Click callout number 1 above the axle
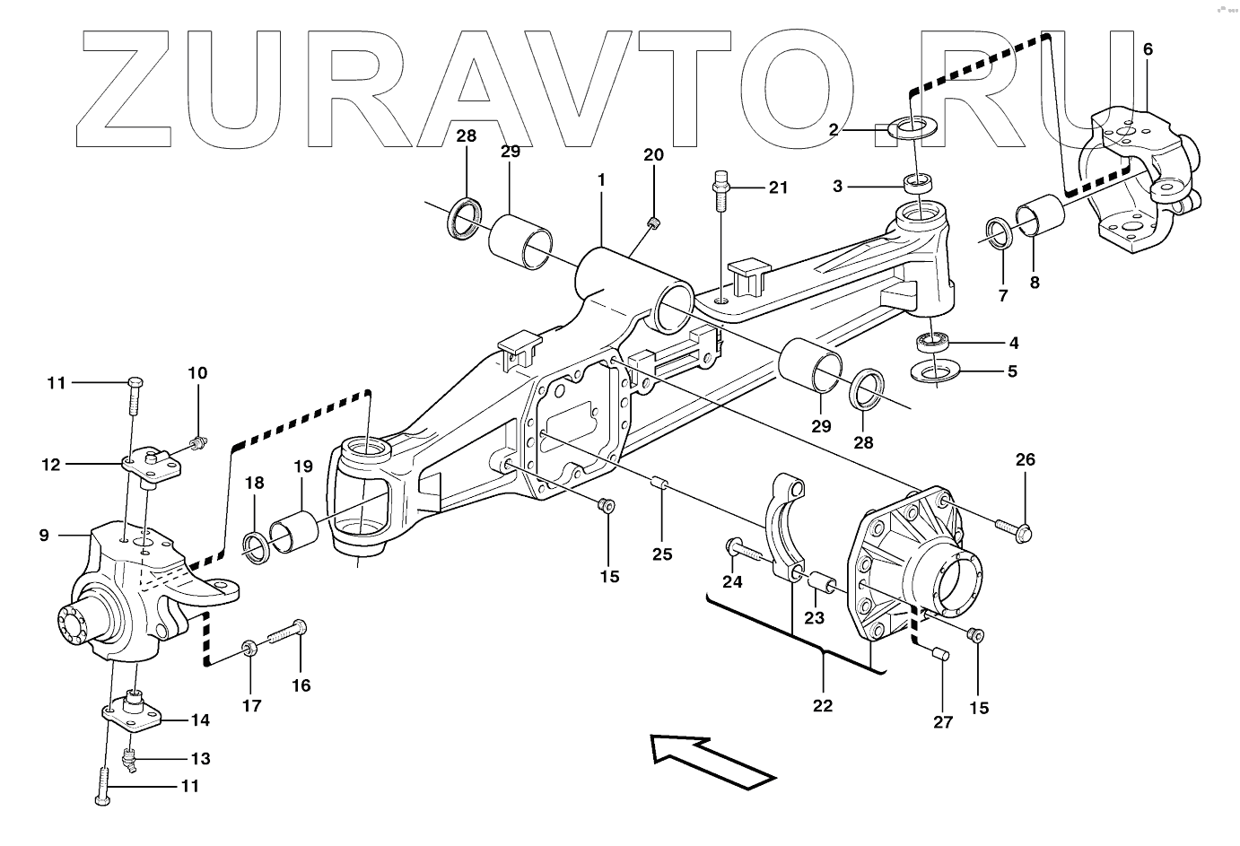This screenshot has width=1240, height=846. (601, 179)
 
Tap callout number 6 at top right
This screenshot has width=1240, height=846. (1148, 49)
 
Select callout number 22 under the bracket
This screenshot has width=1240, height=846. (823, 705)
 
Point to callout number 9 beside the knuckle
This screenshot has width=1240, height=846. (44, 536)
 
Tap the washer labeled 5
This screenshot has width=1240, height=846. (934, 370)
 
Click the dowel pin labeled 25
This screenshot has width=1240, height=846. (661, 486)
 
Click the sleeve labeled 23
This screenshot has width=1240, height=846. (823, 584)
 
